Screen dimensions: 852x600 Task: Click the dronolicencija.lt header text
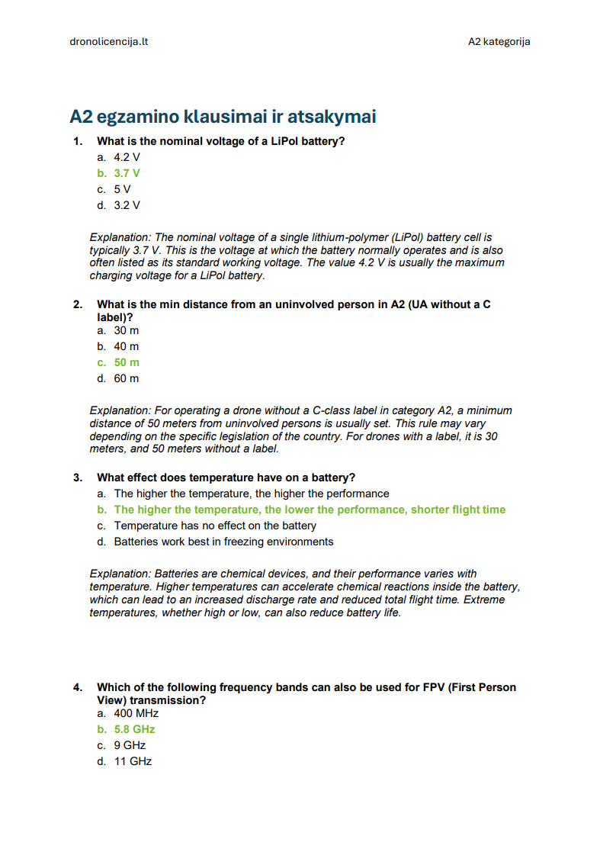coord(108,41)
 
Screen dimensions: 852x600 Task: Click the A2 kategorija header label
coord(499,41)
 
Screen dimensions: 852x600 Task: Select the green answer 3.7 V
coord(127,173)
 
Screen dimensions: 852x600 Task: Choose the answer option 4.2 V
coord(127,157)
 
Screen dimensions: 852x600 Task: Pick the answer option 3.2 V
coord(127,205)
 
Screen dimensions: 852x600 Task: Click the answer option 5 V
coord(123,189)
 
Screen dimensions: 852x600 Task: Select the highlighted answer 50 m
coord(127,362)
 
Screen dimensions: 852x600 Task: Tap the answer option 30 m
coord(127,330)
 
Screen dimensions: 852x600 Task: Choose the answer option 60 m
coord(127,378)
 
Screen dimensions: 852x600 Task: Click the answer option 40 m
coord(127,346)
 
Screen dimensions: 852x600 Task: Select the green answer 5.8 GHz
coord(134,729)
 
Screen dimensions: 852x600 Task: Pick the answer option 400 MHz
coord(136,713)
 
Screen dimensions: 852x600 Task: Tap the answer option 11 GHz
coord(133,761)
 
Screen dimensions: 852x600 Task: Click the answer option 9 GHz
coord(130,745)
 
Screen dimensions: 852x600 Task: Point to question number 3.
coord(78,477)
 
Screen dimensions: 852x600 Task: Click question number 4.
coord(78,687)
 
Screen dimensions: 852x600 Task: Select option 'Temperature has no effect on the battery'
coord(215,526)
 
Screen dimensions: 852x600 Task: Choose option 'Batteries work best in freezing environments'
coord(223,542)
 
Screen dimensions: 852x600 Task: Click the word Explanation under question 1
coord(120,237)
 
